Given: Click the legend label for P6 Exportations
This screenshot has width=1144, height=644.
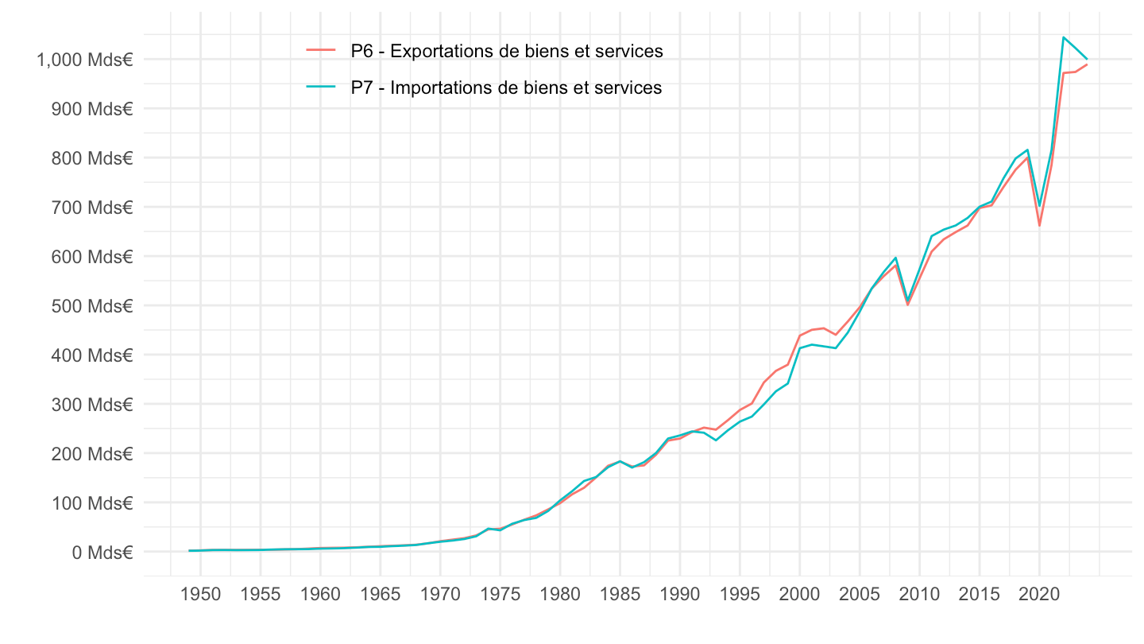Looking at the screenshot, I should pyautogui.click(x=507, y=52).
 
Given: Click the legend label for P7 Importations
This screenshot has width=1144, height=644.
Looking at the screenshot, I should pyautogui.click(x=506, y=88).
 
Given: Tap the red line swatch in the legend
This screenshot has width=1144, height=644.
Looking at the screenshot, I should pyautogui.click(x=322, y=52).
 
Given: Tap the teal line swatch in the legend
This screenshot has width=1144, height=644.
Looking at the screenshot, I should pyautogui.click(x=322, y=88).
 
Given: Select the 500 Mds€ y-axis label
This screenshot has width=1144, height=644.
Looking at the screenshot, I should pyautogui.click(x=89, y=306).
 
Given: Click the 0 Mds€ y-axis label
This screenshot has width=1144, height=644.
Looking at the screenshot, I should pyautogui.click(x=102, y=552).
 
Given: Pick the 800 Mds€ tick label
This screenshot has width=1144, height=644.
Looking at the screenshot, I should pyautogui.click(x=89, y=158).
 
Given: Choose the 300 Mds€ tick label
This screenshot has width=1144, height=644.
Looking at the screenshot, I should pyautogui.click(x=89, y=405).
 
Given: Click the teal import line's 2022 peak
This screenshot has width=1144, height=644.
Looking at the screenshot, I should pyautogui.click(x=1063, y=37).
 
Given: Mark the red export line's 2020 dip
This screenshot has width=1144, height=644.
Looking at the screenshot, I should pyautogui.click(x=1039, y=226).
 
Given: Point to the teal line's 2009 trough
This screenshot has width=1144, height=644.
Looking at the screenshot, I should pyautogui.click(x=907, y=301).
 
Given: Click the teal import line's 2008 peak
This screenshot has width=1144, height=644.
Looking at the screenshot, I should pyautogui.click(x=895, y=258).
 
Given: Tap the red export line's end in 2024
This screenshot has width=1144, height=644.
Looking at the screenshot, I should pyautogui.click(x=1087, y=64).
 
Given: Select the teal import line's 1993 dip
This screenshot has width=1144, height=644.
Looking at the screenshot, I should pyautogui.click(x=716, y=440).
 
